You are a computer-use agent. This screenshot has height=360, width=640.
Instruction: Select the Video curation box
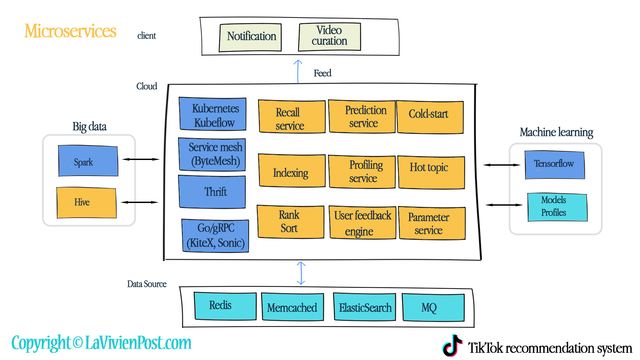[x=329, y=37]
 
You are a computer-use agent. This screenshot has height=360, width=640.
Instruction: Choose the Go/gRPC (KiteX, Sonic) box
[x=215, y=235]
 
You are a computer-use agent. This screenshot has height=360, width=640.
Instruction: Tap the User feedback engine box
[x=363, y=222]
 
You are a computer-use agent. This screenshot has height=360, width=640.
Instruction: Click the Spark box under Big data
[x=88, y=161]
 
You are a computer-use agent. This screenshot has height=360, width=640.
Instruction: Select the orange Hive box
[x=86, y=203]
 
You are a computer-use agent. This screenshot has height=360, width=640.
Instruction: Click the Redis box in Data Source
[x=225, y=306]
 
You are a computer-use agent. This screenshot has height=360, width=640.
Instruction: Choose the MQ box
[x=433, y=307]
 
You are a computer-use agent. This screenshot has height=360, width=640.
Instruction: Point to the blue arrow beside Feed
[x=298, y=71]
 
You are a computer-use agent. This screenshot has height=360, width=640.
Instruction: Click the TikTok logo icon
[x=452, y=346]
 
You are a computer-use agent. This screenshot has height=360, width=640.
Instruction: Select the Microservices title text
[x=70, y=31]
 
